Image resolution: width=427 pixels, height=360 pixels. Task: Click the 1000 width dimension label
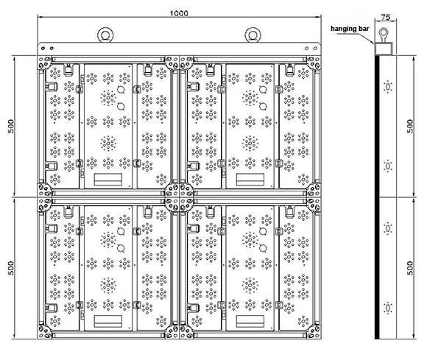179,13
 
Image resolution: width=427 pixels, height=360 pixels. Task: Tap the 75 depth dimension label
385,17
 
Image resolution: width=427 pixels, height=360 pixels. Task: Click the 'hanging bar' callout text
350,29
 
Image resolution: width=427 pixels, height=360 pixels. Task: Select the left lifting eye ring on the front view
105,35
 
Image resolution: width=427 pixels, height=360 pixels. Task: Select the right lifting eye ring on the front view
253,35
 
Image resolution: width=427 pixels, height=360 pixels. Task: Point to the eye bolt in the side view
384,35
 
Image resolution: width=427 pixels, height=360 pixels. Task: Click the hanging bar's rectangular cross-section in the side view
384,49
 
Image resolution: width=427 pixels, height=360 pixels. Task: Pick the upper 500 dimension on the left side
11,126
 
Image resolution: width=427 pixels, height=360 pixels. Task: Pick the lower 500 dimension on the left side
11,268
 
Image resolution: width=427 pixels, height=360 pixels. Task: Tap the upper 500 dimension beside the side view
410,126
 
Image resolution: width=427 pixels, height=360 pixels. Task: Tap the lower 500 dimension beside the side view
410,268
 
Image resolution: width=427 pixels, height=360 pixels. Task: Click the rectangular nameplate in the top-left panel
108,179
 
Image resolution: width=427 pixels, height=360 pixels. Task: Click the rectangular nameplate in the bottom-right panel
250,321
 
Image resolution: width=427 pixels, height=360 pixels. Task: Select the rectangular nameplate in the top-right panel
250,179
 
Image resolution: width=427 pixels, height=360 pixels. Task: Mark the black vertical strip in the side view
377,197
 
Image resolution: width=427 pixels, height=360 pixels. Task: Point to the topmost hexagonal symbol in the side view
387,87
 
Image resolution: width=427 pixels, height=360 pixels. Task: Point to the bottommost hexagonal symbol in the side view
387,308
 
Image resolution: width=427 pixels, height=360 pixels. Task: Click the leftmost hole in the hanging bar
43,48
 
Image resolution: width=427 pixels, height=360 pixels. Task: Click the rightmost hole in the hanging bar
315,48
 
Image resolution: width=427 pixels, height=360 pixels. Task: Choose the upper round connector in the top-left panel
121,89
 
